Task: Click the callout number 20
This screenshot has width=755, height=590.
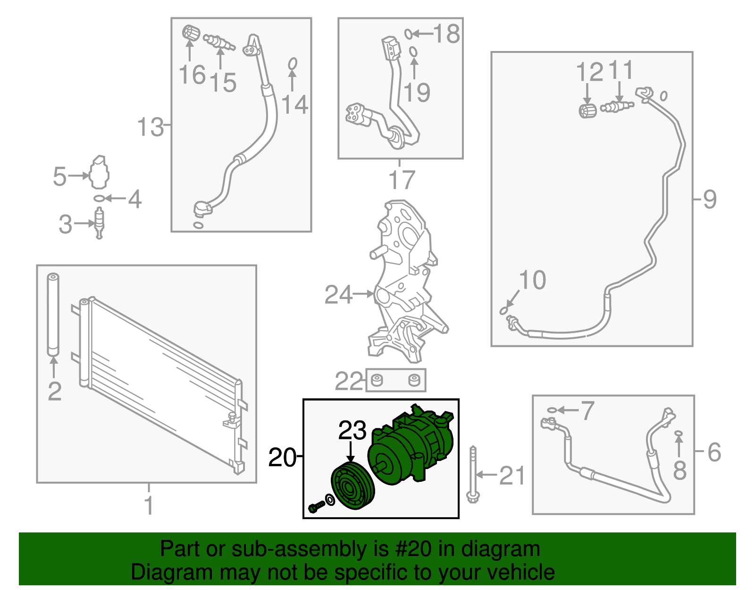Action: [x=282, y=457]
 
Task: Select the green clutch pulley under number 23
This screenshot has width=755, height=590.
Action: [x=352, y=486]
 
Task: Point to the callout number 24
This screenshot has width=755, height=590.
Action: [x=338, y=294]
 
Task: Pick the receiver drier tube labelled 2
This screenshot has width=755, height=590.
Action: [x=53, y=314]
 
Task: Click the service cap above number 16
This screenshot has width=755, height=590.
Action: [x=191, y=33]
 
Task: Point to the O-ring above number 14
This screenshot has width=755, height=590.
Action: [x=293, y=64]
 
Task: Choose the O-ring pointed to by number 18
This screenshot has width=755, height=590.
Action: [x=409, y=34]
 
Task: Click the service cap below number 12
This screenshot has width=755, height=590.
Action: [x=587, y=111]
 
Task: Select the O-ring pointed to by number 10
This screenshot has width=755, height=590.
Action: [x=504, y=310]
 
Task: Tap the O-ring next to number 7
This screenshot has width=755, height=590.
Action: [x=552, y=410]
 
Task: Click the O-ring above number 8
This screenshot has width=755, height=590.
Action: [x=679, y=433]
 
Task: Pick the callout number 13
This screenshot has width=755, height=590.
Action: [x=150, y=127]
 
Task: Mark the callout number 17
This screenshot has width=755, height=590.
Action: [x=402, y=180]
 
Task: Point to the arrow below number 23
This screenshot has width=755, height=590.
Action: [x=351, y=451]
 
